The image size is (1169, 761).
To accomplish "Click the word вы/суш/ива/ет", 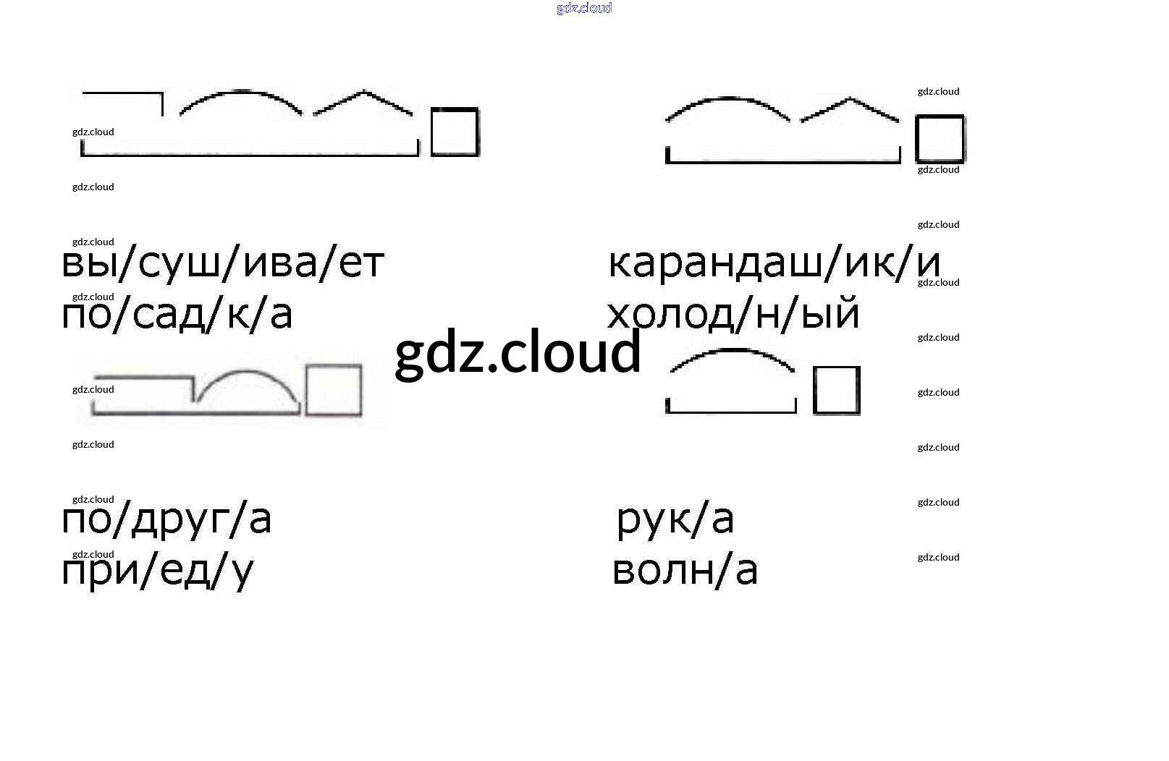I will [222, 263].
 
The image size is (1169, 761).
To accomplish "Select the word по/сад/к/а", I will [177, 315].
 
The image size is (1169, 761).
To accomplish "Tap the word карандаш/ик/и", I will [775, 263].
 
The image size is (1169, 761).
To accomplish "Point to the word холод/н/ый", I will [733, 315].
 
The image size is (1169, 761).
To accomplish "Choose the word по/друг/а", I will [166, 519].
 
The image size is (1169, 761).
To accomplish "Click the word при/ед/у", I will [157, 571].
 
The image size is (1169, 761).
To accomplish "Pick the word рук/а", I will [675, 519].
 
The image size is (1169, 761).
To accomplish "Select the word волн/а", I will [685, 570].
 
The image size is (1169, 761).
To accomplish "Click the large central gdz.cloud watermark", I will [518, 352].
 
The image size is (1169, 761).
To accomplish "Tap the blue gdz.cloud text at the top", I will [584, 8].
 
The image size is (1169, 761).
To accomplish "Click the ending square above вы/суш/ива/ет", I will [455, 132].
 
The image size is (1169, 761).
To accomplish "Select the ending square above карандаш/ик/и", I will [940, 139].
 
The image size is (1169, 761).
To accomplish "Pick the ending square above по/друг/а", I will [333, 391].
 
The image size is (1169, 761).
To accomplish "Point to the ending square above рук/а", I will [836, 391].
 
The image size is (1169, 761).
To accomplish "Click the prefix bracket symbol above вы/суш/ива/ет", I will [123, 98].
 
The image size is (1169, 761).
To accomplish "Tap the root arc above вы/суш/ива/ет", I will [240, 98].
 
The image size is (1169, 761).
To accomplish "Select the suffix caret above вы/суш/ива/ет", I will [363, 100].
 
